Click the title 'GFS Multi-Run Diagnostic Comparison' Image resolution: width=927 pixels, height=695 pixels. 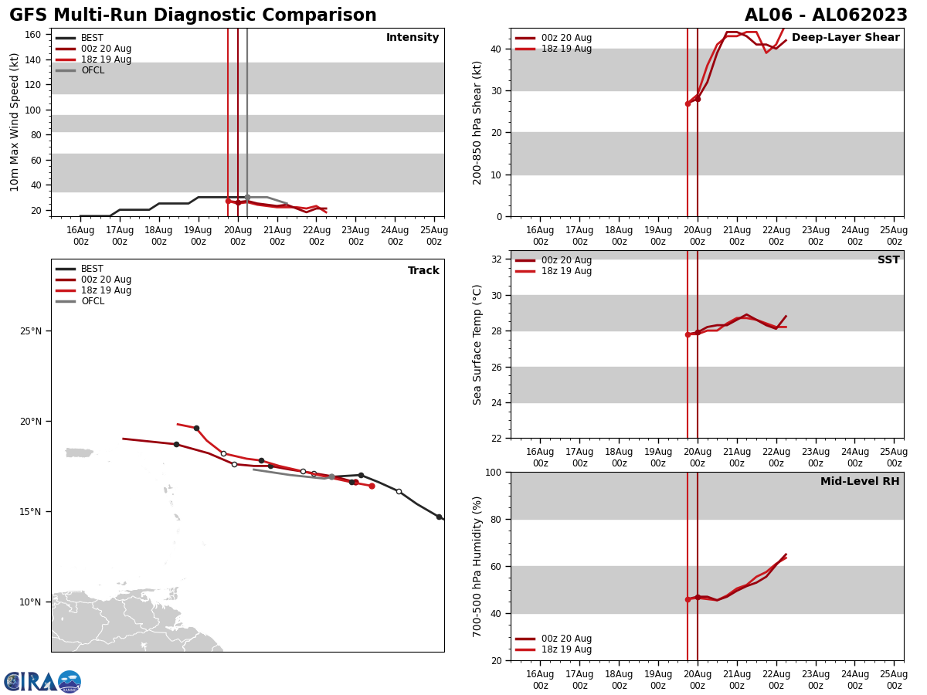tap(193, 15)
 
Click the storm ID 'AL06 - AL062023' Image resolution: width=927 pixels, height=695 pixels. tap(826, 15)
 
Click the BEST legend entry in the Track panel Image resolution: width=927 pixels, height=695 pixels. tap(92, 269)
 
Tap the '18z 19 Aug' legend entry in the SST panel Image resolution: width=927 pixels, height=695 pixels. tap(566, 271)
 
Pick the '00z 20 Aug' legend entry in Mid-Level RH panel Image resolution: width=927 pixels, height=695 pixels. tap(566, 639)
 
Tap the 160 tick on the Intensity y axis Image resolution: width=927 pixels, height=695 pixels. tap(33, 35)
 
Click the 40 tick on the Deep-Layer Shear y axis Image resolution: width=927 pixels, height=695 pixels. tap(495, 49)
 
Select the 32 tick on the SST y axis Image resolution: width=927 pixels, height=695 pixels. tap(495, 259)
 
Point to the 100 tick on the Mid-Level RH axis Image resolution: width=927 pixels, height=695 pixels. tap(492, 473)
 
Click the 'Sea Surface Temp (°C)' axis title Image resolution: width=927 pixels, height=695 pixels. tap(478, 344)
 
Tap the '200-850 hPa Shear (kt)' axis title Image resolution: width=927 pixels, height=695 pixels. tap(478, 122)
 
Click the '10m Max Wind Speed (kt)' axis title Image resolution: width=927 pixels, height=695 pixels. tap(15, 122)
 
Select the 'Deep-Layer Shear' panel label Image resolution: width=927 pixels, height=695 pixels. tap(845, 38)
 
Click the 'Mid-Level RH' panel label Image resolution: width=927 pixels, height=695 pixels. tap(860, 482)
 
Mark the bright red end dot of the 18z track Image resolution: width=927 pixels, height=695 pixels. tap(372, 486)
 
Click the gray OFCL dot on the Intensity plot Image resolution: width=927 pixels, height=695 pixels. tap(247, 197)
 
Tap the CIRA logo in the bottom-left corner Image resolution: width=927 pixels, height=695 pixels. tap(42, 682)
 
